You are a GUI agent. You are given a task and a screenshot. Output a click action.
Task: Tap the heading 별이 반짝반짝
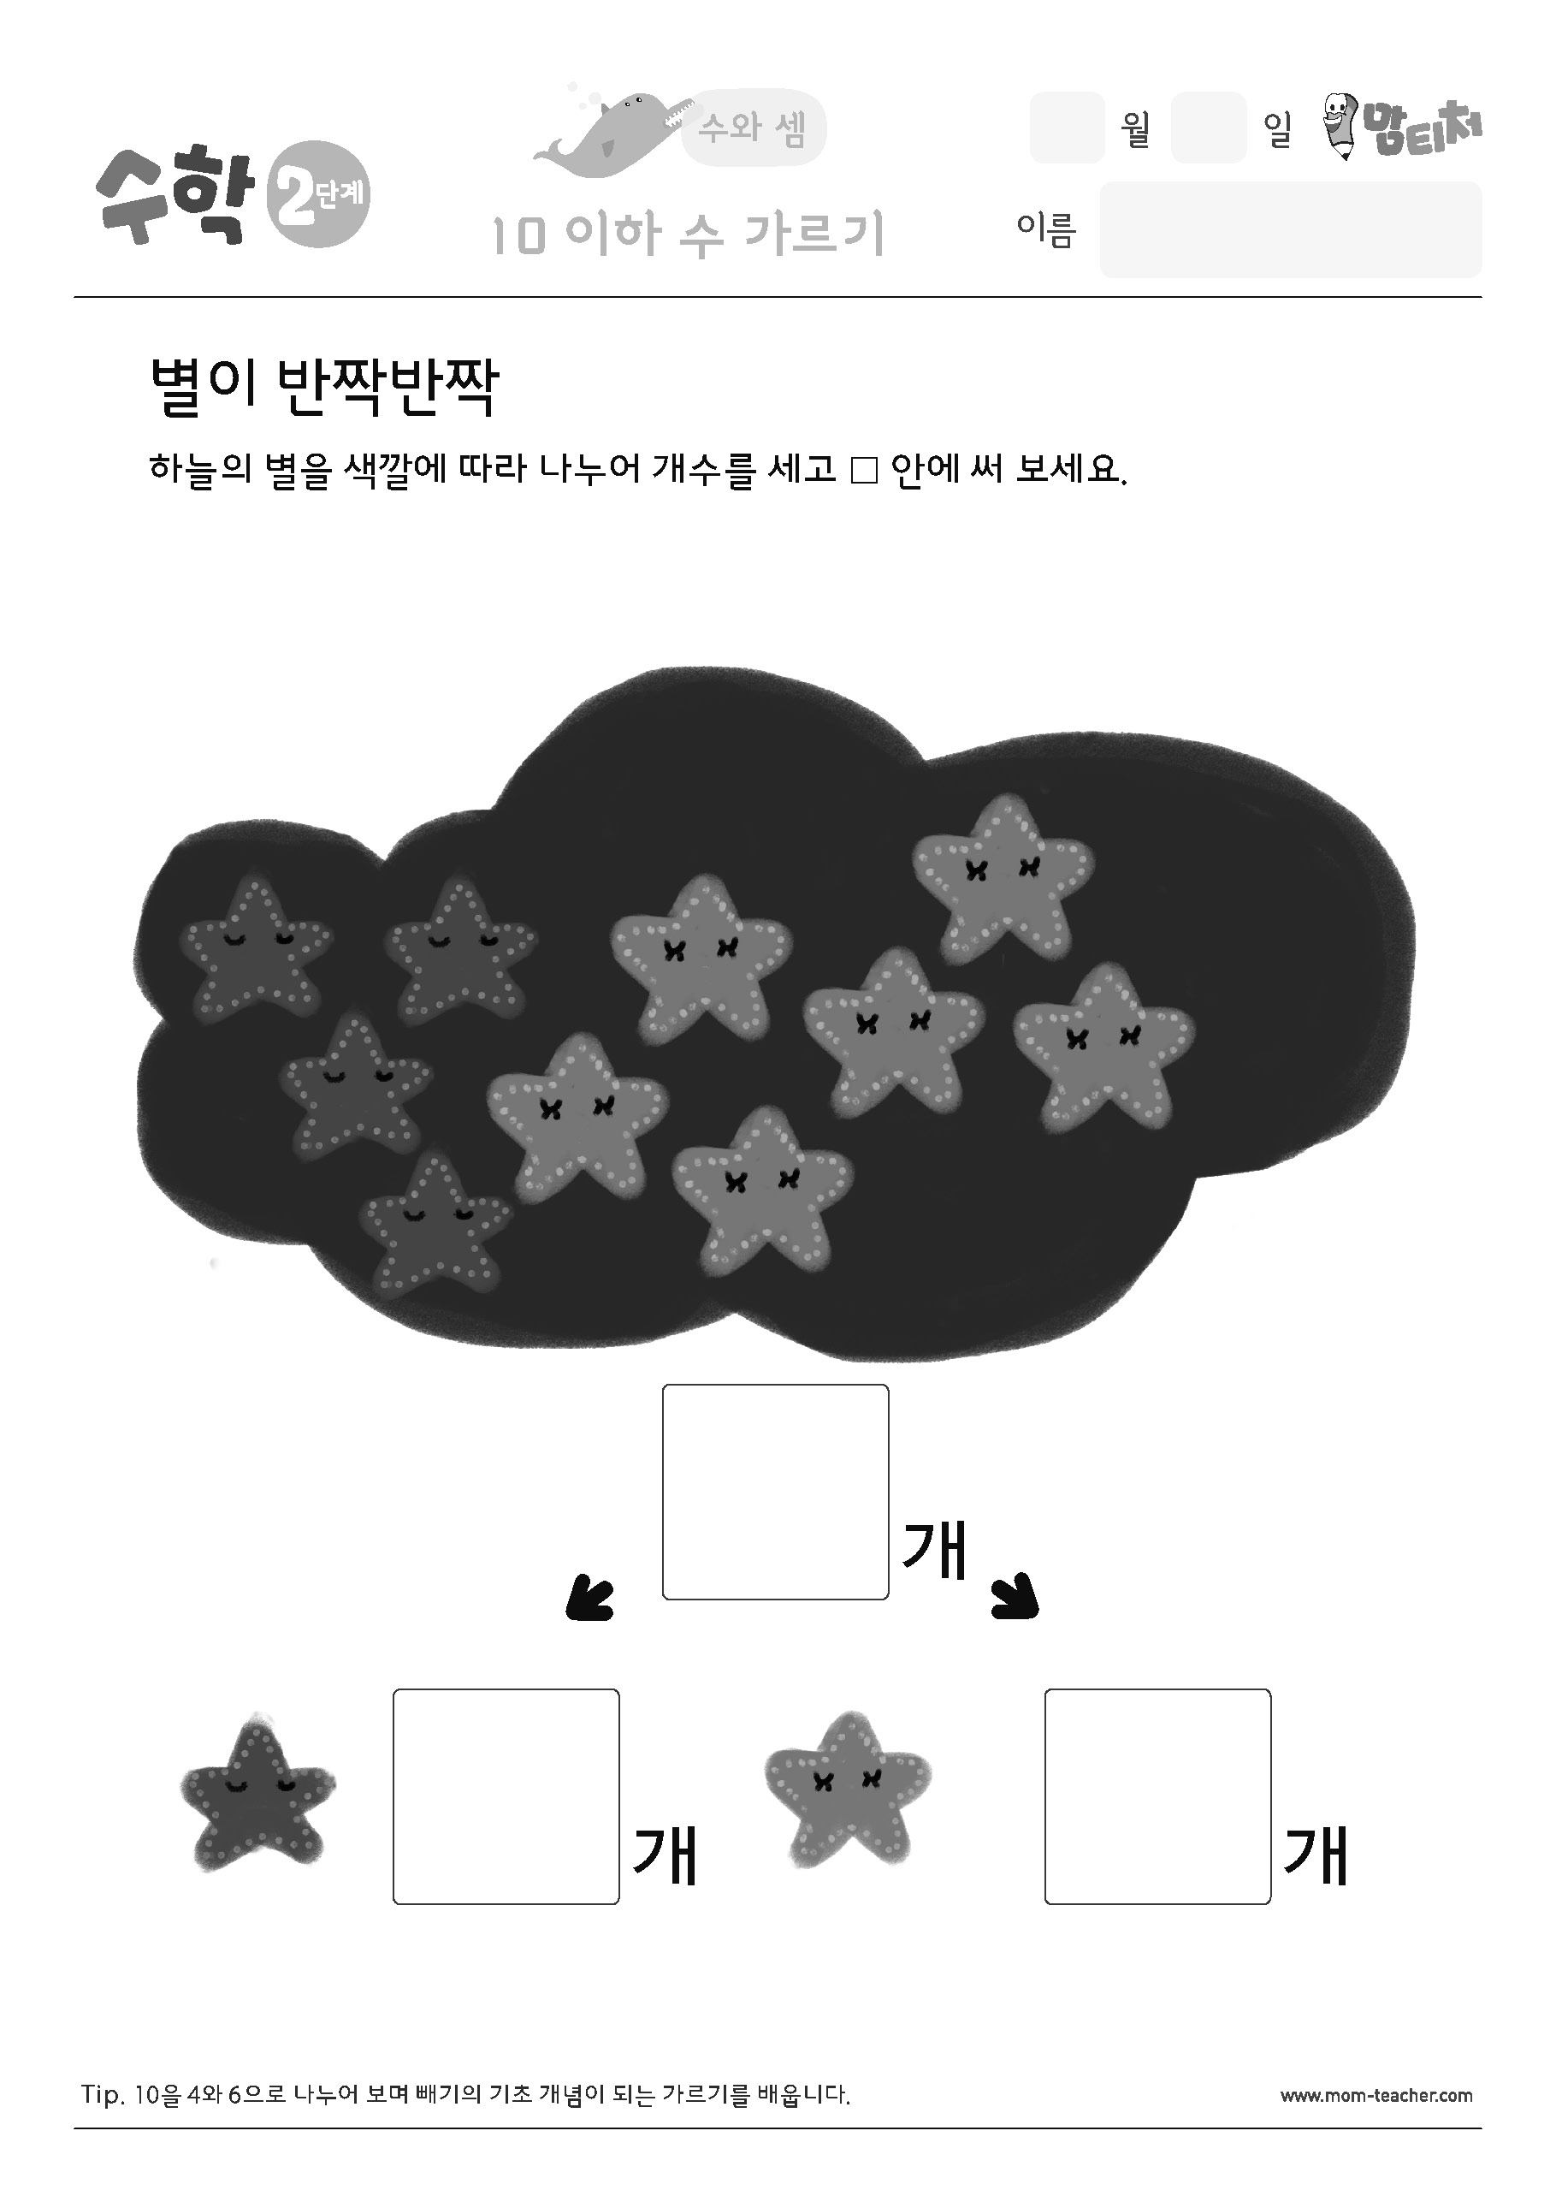pyautogui.click(x=324, y=389)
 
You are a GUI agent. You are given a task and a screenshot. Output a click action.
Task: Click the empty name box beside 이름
pyautogui.click(x=1291, y=230)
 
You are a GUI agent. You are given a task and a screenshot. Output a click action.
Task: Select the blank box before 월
pyautogui.click(x=1067, y=128)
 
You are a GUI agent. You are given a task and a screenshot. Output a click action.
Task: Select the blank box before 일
pyautogui.click(x=1209, y=128)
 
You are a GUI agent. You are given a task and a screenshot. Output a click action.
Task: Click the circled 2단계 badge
pyautogui.click(x=318, y=197)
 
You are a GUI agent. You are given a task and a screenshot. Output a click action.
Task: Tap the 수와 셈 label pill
pyautogui.click(x=754, y=128)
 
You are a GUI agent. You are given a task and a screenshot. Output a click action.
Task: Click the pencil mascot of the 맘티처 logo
pyautogui.click(x=1342, y=125)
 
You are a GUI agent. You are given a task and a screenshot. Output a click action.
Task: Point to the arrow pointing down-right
pyautogui.click(x=1015, y=1597)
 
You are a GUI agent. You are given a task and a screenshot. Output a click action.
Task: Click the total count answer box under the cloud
pyautogui.click(x=776, y=1493)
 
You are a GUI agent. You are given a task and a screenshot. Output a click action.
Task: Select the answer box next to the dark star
pyautogui.click(x=506, y=1796)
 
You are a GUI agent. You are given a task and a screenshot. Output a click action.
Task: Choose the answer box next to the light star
pyautogui.click(x=1158, y=1796)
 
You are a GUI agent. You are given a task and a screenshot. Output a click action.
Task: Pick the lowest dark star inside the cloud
pyautogui.click(x=435, y=1223)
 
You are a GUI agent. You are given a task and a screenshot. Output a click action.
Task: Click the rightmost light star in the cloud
pyautogui.click(x=1104, y=1047)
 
